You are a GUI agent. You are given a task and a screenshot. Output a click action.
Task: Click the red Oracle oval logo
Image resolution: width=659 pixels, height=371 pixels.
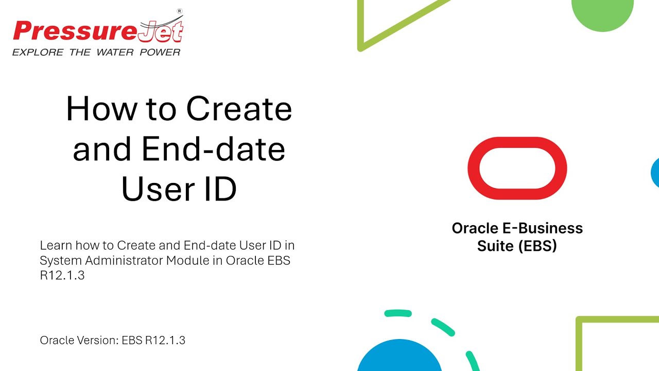[517, 168]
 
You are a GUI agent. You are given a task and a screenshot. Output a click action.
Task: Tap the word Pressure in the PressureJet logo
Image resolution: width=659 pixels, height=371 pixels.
[75, 31]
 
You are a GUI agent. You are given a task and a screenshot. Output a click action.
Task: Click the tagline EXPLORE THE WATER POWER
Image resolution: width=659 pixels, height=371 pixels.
[96, 52]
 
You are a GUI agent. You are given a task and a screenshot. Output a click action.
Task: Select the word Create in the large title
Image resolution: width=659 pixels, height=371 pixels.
[239, 109]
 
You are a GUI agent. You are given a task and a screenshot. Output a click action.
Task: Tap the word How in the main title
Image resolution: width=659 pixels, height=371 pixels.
[101, 109]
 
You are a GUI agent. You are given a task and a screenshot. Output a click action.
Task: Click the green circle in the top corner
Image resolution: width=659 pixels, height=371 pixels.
[602, 13]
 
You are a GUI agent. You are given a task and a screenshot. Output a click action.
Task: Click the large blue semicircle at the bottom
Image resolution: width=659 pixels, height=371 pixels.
[399, 358]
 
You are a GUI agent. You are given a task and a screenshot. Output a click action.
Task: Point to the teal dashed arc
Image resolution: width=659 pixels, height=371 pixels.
[443, 326]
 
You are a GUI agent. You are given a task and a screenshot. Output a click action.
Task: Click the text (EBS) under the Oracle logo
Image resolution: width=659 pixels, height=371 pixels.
[537, 246]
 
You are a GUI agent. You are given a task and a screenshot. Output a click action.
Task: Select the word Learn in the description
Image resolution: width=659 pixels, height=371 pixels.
[56, 245]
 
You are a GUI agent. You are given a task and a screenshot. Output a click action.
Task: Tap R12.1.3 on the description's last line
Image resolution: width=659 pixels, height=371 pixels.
[62, 276]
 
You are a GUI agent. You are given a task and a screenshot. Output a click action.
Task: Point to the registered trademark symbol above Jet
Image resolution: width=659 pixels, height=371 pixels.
[179, 10]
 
